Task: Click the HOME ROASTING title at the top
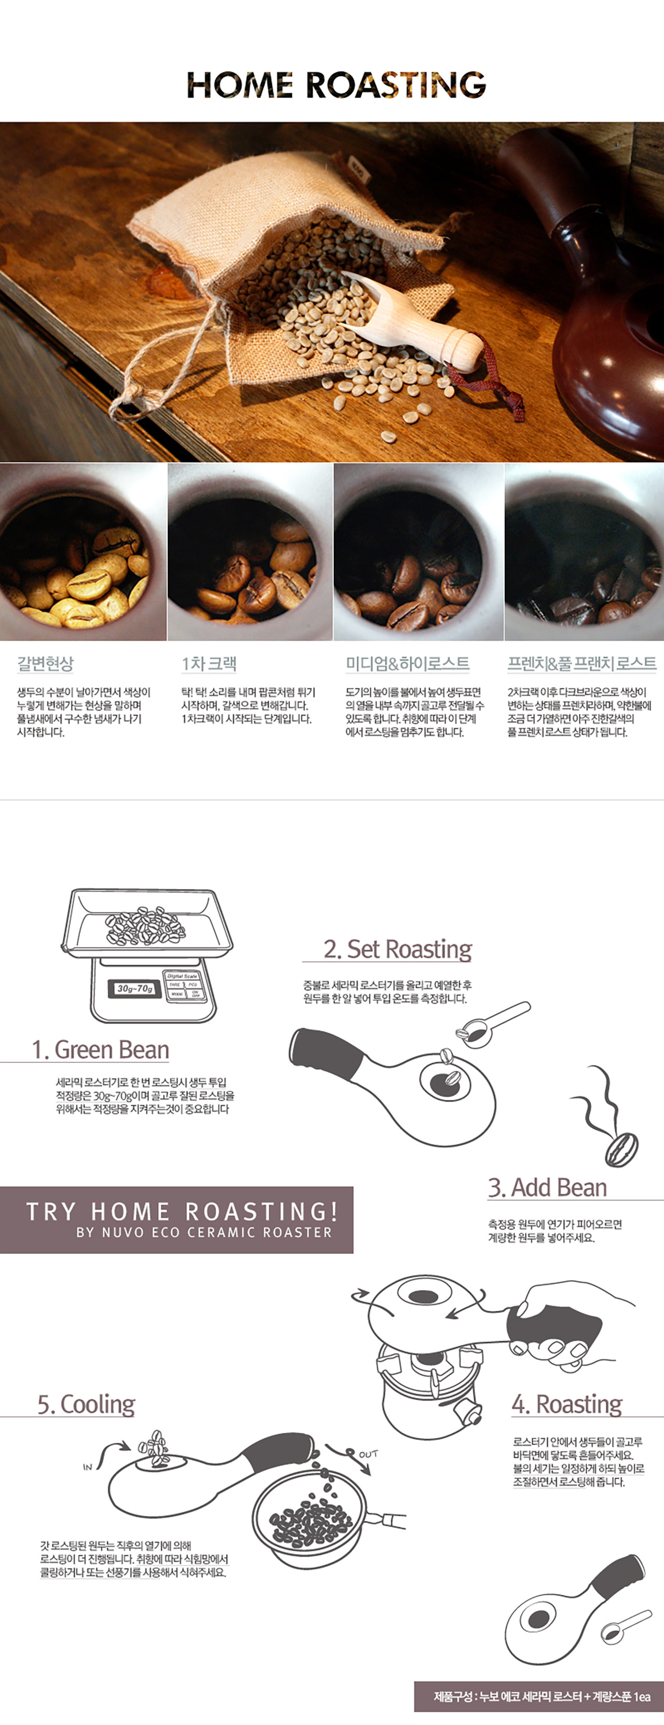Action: [x=336, y=85]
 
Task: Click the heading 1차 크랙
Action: [x=209, y=664]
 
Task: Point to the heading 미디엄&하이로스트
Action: [x=407, y=664]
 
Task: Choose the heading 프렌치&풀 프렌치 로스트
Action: [x=582, y=664]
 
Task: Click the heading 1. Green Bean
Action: [x=101, y=1049]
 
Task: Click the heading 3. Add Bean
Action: [x=547, y=1187]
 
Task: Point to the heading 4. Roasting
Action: [x=567, y=1404]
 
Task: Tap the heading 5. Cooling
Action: [x=86, y=1404]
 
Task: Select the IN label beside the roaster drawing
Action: [x=87, y=1467]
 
